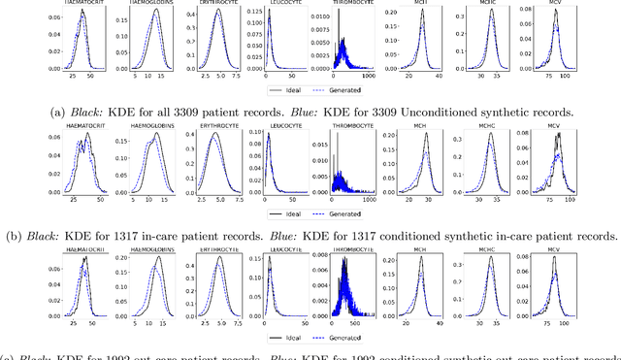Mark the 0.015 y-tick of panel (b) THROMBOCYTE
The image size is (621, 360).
coord(321,145)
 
